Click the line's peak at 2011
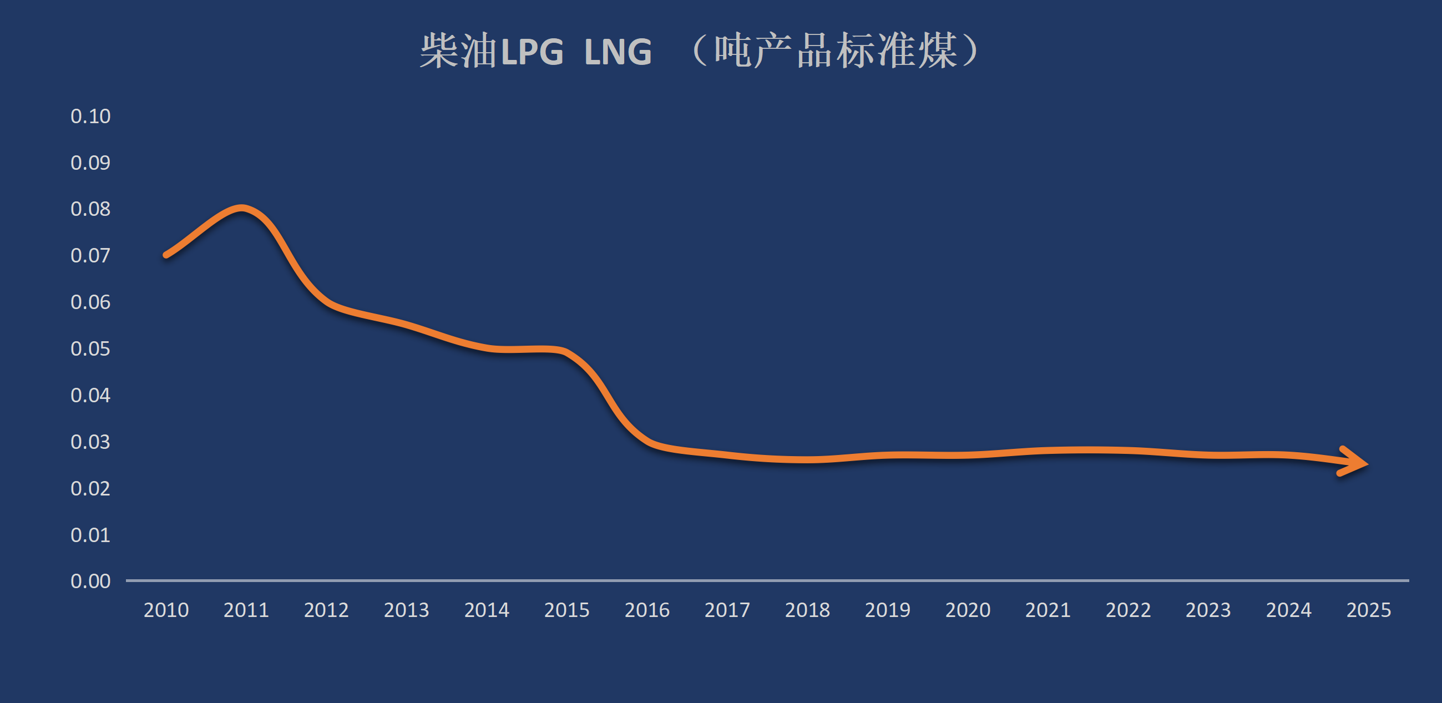click(x=241, y=208)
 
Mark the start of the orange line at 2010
click(x=166, y=255)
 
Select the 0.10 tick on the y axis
click(x=90, y=117)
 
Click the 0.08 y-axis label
click(x=90, y=209)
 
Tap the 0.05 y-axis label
click(x=90, y=348)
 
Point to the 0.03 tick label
click(x=90, y=442)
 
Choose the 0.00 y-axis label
click(x=90, y=581)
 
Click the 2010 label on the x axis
click(x=166, y=610)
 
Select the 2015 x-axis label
click(x=567, y=610)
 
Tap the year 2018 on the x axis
click(x=807, y=610)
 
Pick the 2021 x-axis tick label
click(x=1048, y=610)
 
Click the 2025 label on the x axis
click(x=1369, y=610)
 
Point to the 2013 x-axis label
click(x=406, y=610)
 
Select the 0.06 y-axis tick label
click(x=90, y=302)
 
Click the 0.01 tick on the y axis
click(x=90, y=535)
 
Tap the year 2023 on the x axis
click(x=1208, y=610)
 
